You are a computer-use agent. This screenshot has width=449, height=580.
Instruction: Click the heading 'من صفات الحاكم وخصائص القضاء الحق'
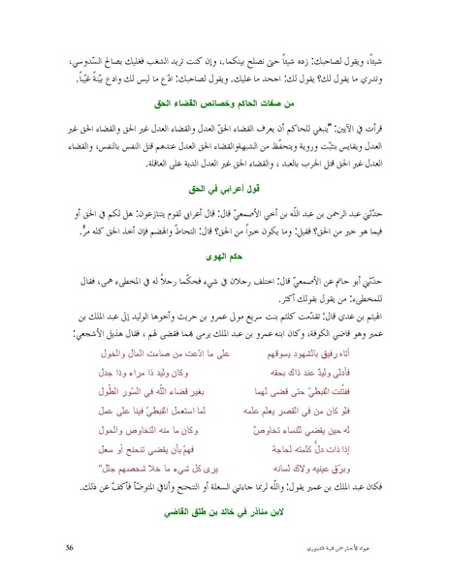click(x=225, y=99)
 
